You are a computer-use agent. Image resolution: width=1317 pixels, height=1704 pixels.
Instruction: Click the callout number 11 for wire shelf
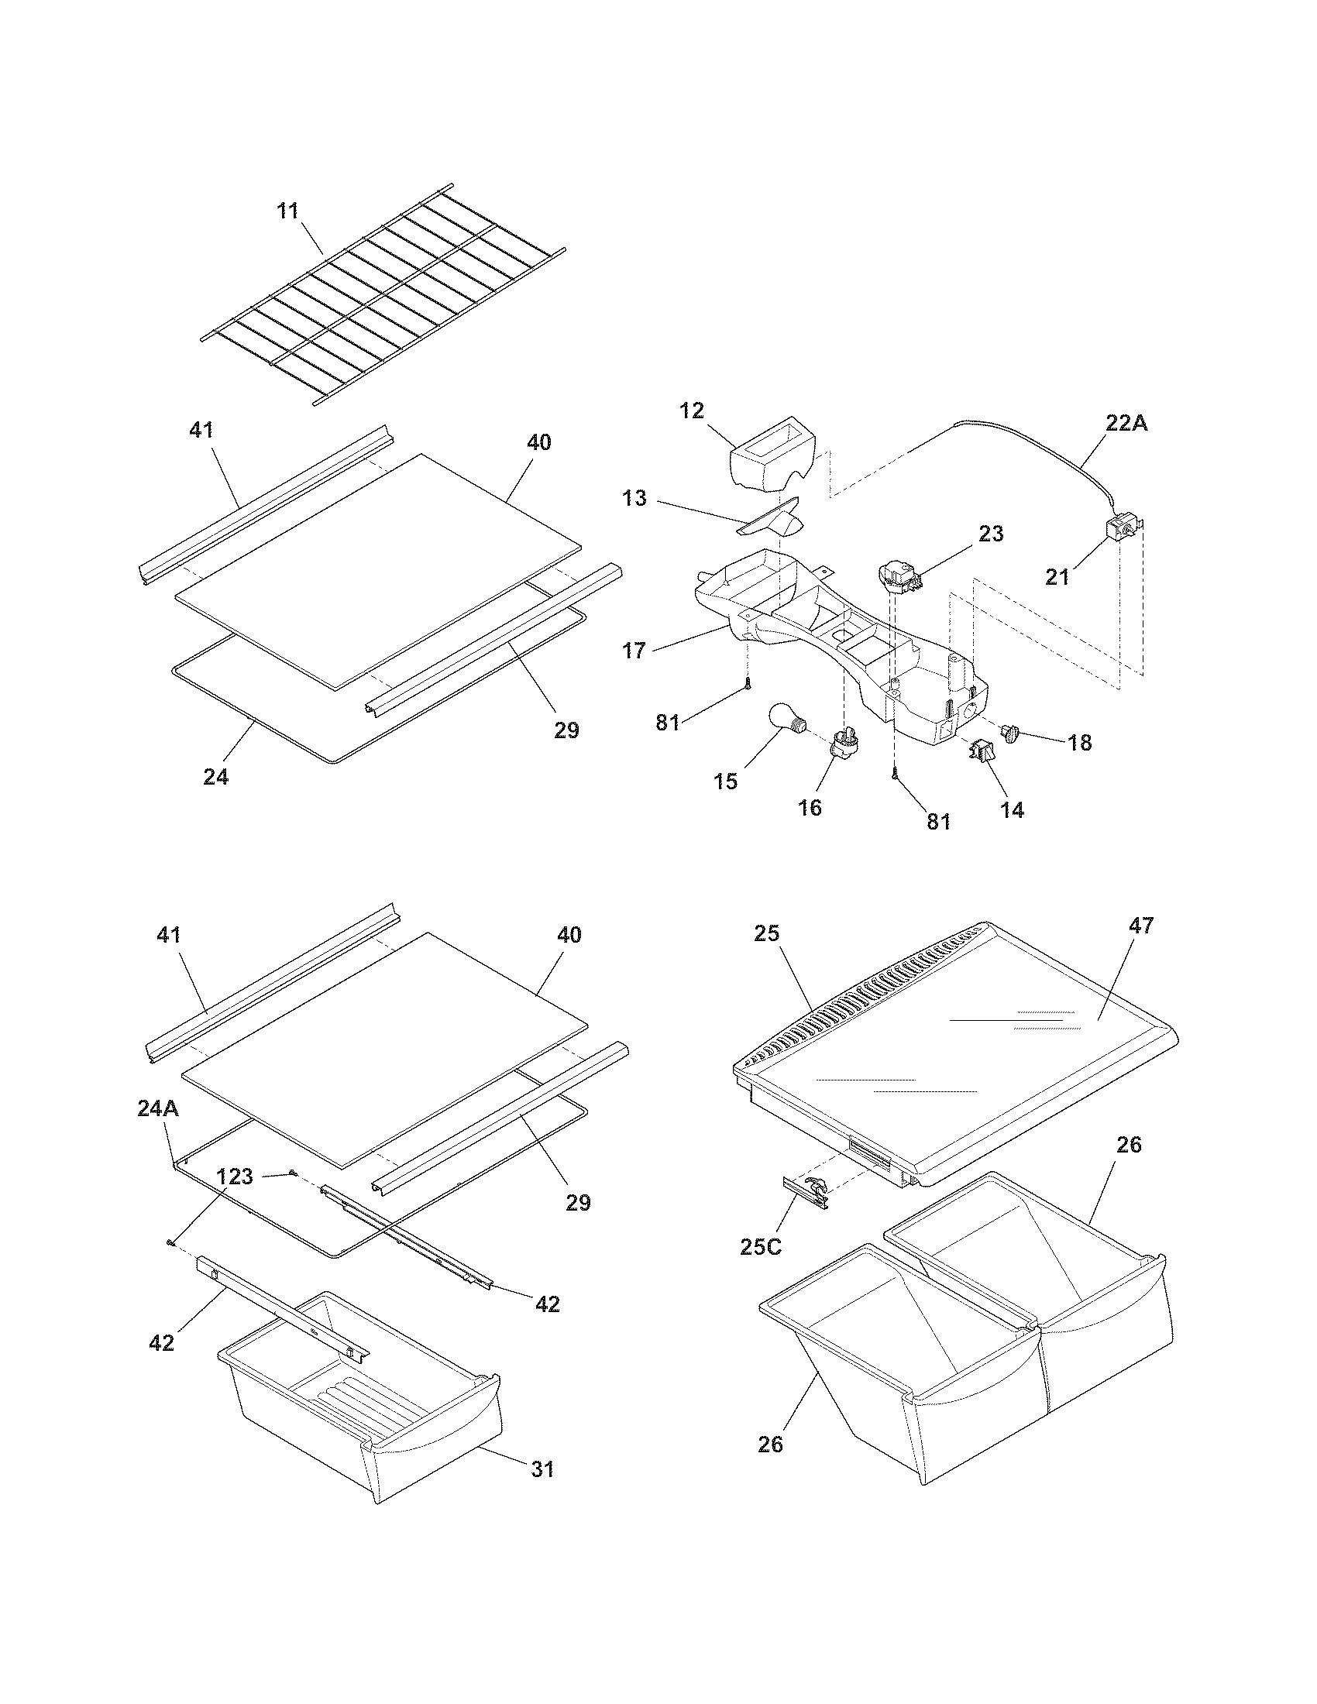coord(289,211)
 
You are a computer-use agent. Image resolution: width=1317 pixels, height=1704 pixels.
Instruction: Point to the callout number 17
coord(634,649)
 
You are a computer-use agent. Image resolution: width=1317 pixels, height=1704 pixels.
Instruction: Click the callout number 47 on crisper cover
coord(1140,926)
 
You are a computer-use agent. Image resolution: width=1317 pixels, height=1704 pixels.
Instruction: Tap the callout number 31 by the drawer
coord(542,1469)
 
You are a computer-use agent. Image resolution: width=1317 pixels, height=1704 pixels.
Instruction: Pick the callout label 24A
coord(158,1108)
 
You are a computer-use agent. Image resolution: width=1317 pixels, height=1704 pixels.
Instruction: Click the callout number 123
coord(235,1176)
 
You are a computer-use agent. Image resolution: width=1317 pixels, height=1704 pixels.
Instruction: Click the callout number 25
coord(767,933)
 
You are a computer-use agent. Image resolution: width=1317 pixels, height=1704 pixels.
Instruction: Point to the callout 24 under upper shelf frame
coord(216,776)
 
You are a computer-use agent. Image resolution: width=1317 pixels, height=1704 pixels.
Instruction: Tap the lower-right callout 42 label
coord(547,1303)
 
